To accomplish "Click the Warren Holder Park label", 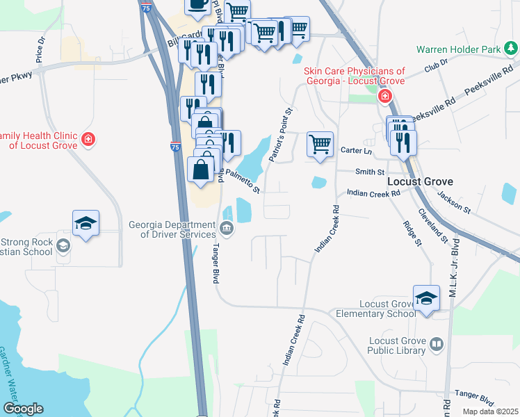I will click(459, 49).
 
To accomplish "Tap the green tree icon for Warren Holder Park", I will click(511, 48).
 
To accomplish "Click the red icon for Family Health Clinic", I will click(88, 139).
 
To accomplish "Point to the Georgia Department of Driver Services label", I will click(172, 229).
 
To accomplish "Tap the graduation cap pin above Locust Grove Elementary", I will click(426, 297).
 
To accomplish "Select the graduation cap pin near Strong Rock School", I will click(86, 222).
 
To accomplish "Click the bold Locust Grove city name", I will click(419, 181).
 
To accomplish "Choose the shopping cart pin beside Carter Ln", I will click(320, 145).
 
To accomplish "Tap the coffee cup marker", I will click(197, 3).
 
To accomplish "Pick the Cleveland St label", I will click(432, 225).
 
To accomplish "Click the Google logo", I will click(23, 409).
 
